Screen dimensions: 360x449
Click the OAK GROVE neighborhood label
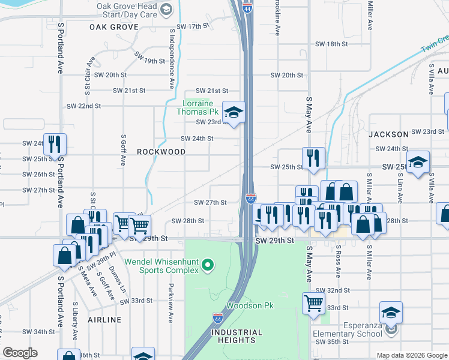tap(114, 27)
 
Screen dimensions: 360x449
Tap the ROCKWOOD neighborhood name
tap(161, 152)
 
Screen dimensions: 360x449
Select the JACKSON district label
tap(388, 134)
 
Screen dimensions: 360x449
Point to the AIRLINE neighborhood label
tap(104, 320)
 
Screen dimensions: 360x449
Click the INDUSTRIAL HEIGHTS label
tap(237, 336)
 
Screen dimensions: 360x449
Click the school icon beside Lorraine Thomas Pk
tap(234, 112)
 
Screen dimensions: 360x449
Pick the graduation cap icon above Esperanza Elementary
tap(391, 312)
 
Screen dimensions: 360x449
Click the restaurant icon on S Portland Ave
tap(55, 144)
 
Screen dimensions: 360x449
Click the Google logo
tap(20, 353)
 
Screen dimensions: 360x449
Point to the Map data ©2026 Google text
tap(411, 355)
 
